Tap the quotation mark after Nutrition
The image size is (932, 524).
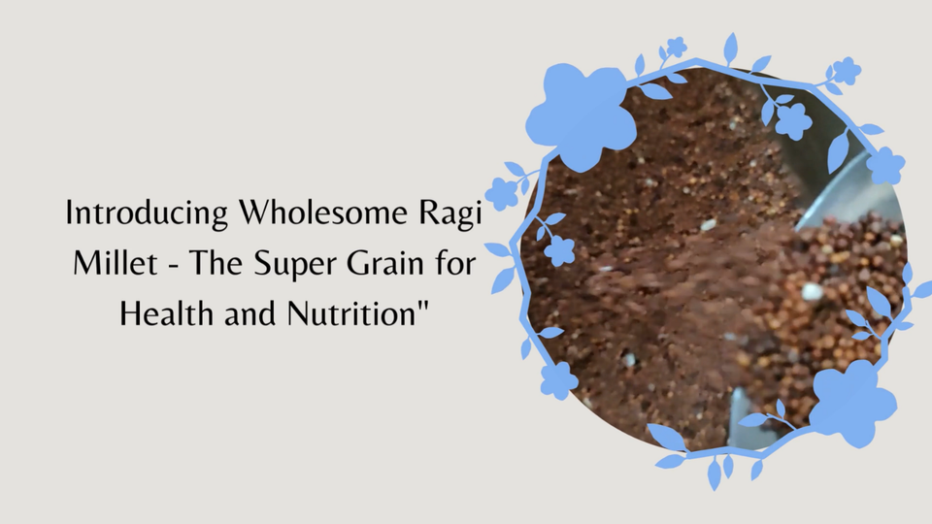tap(403, 306)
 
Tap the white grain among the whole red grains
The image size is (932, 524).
tap(813, 290)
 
